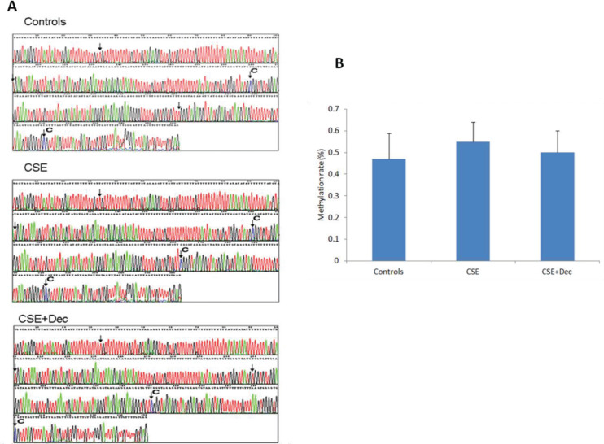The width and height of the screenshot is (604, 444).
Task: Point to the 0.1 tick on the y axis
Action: coord(344,239)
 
